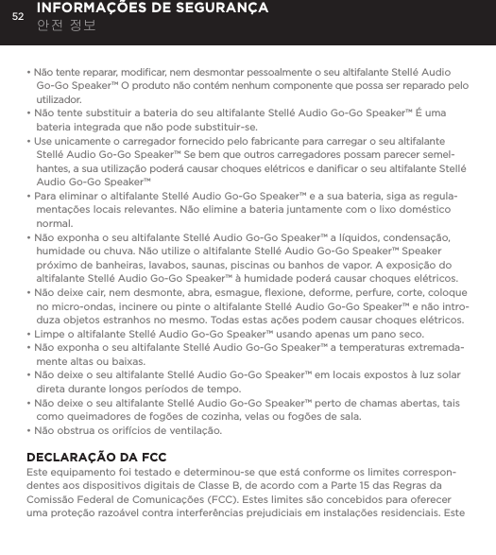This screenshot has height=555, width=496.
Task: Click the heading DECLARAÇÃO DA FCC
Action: (x=96, y=458)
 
